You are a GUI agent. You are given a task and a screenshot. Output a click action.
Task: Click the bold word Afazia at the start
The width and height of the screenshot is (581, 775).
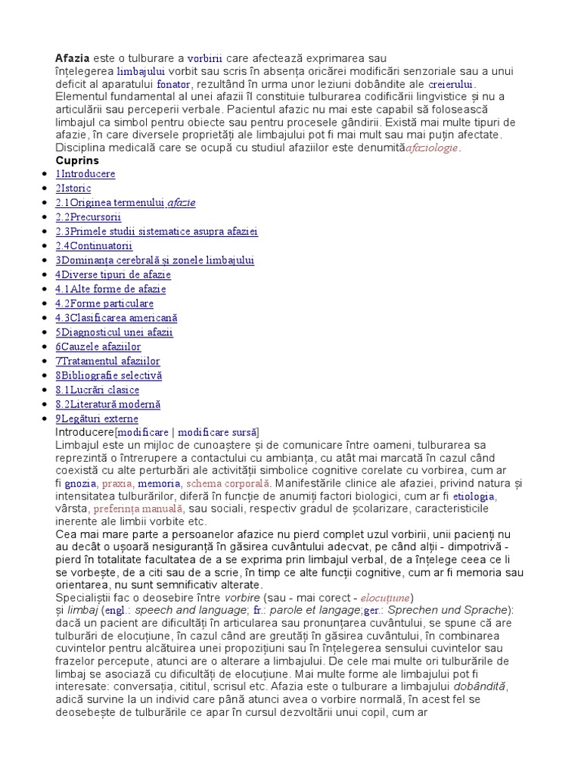[x=73, y=58]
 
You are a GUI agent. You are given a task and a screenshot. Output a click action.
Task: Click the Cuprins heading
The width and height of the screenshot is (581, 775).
[x=77, y=160]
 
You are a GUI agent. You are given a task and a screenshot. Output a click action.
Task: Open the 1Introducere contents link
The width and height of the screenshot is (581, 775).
[x=85, y=174]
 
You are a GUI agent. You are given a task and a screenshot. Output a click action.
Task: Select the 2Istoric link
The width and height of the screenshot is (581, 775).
[x=73, y=188]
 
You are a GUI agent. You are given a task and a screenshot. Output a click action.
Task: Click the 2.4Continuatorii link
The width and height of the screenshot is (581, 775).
[x=94, y=246]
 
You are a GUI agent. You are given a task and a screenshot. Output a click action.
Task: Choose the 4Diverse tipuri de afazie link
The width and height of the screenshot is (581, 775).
[x=113, y=275]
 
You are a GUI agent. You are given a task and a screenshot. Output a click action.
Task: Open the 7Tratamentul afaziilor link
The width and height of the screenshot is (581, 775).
[x=107, y=361]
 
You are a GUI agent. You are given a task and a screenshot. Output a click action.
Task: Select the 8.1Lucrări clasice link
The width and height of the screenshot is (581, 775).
[x=97, y=390]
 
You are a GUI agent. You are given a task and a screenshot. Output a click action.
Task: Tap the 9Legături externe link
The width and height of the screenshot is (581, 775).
[x=96, y=419]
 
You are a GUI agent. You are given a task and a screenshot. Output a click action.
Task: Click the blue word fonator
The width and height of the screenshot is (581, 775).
[x=172, y=84]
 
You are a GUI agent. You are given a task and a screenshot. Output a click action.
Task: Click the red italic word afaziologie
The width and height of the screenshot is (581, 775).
[x=432, y=148]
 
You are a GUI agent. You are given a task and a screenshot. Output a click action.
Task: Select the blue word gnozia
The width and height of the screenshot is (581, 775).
[x=81, y=483]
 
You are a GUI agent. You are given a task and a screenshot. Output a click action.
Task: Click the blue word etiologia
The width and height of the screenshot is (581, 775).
[x=474, y=496]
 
